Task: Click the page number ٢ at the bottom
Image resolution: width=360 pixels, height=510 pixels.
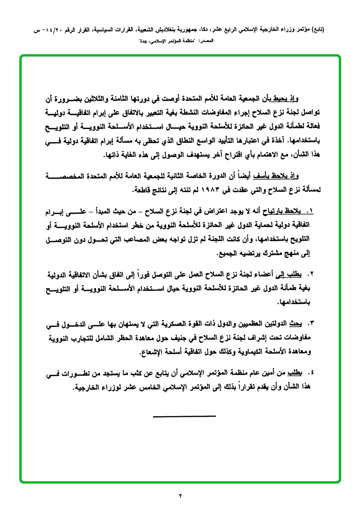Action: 180,495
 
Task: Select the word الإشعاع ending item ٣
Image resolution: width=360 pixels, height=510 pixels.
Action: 154,352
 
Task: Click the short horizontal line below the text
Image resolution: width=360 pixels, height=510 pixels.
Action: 184,416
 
